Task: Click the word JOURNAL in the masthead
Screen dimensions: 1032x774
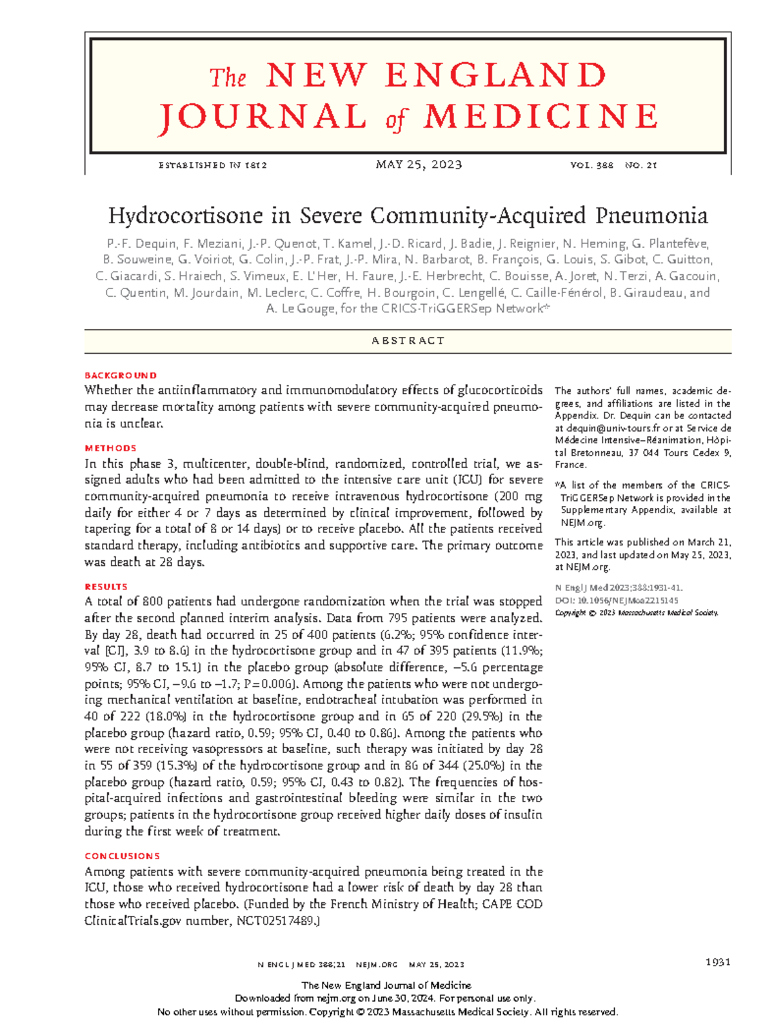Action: point(262,117)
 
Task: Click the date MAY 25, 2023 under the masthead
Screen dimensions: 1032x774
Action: point(419,165)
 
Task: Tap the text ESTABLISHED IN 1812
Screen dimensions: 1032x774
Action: point(212,165)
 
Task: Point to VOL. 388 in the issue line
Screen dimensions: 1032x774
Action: point(591,165)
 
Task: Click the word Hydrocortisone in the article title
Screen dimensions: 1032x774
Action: point(186,215)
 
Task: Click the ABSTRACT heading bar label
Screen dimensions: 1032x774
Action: point(408,341)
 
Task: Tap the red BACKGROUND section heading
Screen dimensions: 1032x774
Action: point(121,375)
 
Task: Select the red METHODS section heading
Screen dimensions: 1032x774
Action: point(110,448)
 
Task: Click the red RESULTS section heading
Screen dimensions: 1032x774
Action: point(106,587)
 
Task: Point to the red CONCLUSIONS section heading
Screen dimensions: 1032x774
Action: point(122,856)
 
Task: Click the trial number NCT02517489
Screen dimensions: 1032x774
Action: point(277,921)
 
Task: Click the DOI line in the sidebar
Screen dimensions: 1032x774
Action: point(616,600)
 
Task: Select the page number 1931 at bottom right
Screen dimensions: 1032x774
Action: point(717,962)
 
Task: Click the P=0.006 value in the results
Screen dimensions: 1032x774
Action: point(271,684)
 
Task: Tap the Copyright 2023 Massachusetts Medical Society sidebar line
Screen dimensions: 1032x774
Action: point(636,612)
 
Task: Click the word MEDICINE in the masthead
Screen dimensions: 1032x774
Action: point(541,117)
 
